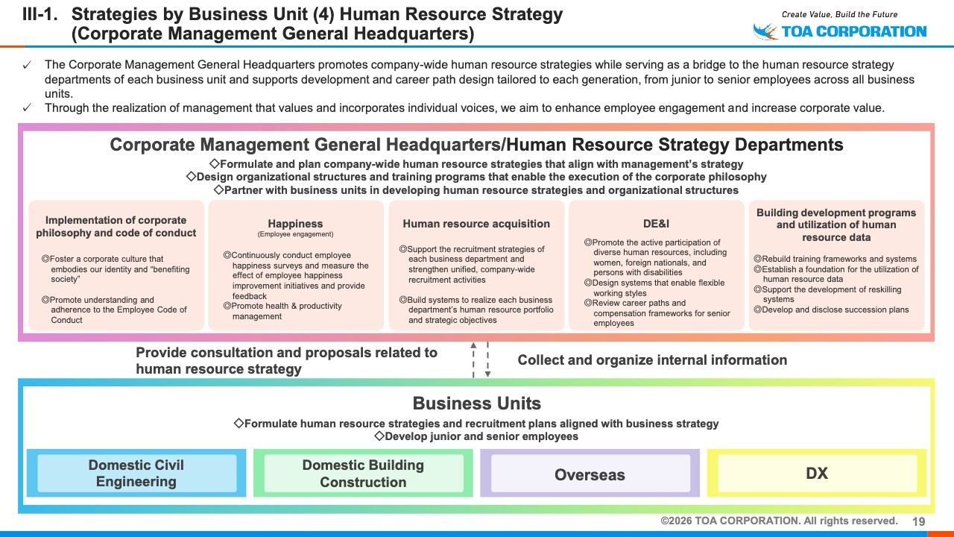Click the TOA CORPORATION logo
[x=840, y=31]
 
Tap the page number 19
[x=919, y=521]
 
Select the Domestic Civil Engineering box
[x=136, y=474]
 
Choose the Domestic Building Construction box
[x=363, y=474]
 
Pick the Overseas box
[x=590, y=474]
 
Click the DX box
[x=817, y=474]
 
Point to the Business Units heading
[x=476, y=403]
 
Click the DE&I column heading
[x=658, y=224]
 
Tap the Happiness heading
[x=295, y=224]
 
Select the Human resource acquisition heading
[x=476, y=224]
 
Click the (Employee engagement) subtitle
[x=295, y=234]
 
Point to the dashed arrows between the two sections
[x=480, y=359]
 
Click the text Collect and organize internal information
[x=652, y=360]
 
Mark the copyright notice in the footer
[x=779, y=521]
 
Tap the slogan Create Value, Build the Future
[x=839, y=14]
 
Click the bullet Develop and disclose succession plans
[x=835, y=310]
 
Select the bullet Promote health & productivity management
[x=286, y=311]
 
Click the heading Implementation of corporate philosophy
[x=116, y=226]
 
